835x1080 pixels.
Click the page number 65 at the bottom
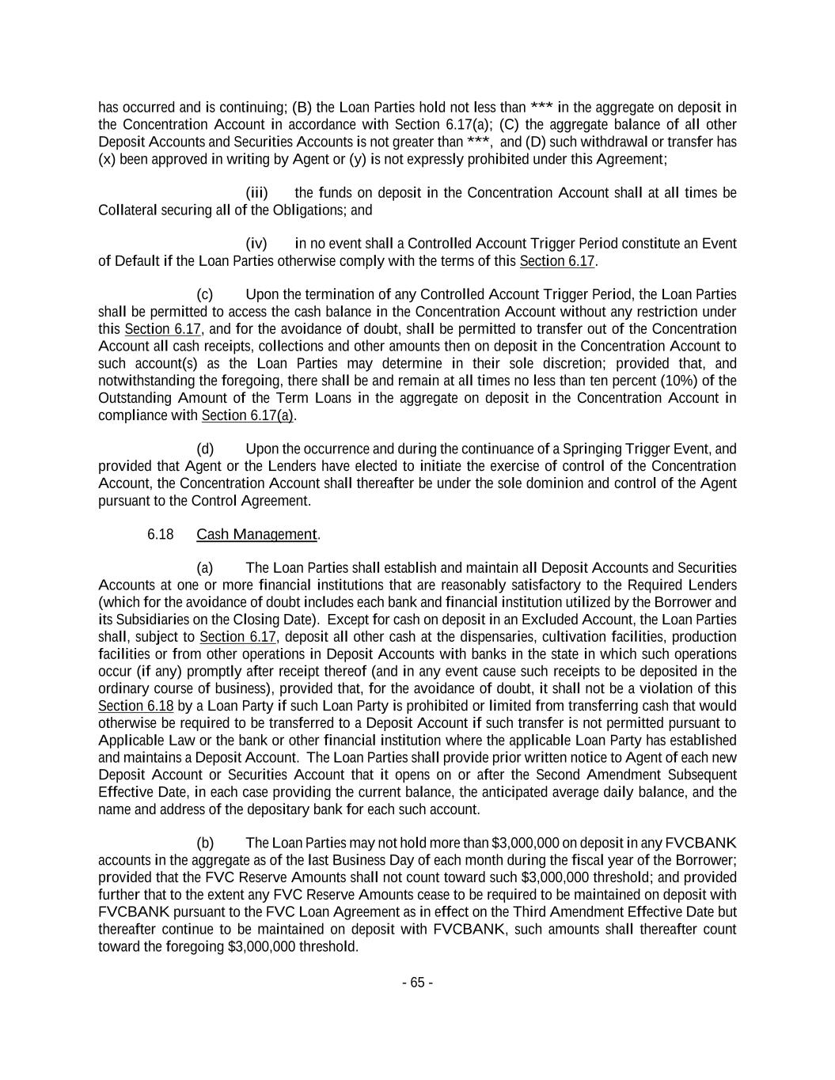[417, 983]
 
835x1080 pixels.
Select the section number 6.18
[160, 534]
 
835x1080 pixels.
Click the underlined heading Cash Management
[256, 534]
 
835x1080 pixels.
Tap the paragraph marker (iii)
[257, 193]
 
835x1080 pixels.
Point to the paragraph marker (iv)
[257, 244]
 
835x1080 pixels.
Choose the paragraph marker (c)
[205, 294]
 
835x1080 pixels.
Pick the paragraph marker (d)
[205, 449]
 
